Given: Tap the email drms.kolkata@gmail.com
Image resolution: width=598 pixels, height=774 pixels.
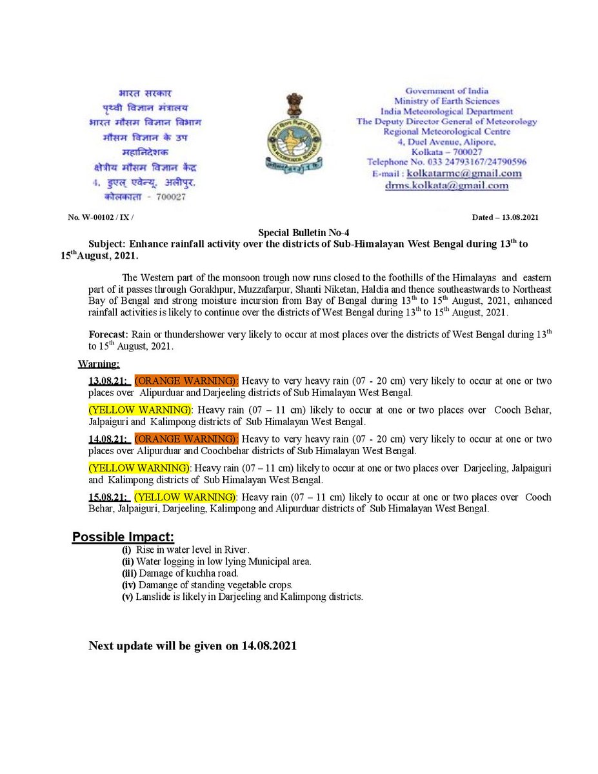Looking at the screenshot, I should click(446, 186).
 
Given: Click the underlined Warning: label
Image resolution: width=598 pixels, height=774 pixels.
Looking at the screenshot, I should click(99, 364).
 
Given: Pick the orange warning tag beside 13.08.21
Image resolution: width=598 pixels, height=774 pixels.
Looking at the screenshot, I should click(186, 381).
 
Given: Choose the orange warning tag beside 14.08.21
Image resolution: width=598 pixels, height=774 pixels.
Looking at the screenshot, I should click(186, 439).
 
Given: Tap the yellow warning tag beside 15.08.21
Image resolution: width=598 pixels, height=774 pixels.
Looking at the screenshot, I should click(185, 497).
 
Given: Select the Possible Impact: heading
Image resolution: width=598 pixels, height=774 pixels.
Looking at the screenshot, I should click(123, 537).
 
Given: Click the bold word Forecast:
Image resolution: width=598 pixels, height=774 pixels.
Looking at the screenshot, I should click(109, 335).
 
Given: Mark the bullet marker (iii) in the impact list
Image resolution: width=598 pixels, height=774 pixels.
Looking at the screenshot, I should click(128, 573).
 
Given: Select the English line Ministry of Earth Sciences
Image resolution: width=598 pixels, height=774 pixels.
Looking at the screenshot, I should click(446, 101).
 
